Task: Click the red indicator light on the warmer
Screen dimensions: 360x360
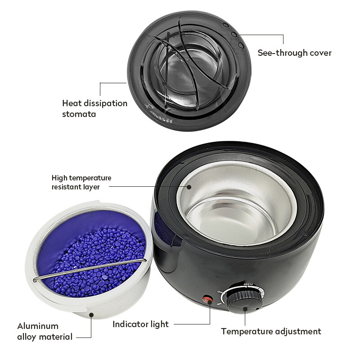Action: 207,299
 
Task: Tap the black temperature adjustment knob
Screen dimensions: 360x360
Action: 245,301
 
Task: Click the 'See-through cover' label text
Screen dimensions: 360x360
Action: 295,53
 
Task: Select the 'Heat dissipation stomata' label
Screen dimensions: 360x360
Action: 94,108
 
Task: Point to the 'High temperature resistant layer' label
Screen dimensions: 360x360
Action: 81,182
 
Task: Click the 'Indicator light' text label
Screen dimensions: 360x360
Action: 140,324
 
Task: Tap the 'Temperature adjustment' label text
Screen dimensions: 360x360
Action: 271,332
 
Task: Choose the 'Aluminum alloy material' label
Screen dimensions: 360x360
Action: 45,332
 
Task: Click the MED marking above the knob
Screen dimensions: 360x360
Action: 248,284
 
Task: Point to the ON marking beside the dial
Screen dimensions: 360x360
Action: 220,292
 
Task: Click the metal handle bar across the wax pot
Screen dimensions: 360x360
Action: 90,270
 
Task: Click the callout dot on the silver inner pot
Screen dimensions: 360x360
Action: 189,187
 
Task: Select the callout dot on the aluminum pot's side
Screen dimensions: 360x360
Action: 91,315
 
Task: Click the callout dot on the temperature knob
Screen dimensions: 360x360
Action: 245,309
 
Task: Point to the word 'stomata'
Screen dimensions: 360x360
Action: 79,114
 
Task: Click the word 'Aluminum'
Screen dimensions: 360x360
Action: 38,326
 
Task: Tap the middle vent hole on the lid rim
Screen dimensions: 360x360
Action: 234,35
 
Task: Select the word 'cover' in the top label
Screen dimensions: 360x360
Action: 320,53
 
